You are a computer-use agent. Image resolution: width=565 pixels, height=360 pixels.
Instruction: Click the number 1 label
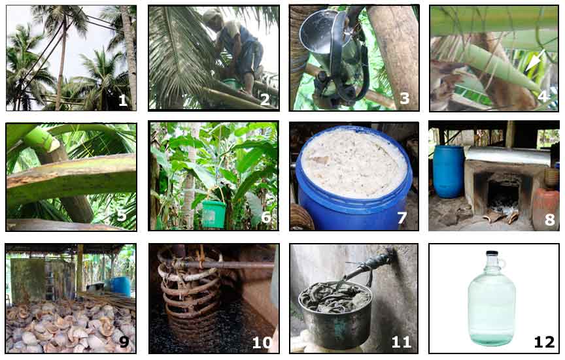123,101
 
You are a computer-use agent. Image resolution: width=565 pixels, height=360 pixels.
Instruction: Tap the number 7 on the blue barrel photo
402,218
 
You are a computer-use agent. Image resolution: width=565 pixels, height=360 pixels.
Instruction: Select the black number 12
544,342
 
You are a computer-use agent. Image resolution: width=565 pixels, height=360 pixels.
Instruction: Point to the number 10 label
262,342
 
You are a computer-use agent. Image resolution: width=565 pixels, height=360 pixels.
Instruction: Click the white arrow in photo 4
534,60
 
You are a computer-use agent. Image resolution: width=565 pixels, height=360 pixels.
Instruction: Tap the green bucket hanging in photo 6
214,214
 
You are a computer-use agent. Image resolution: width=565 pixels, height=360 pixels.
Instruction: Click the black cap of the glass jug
492,253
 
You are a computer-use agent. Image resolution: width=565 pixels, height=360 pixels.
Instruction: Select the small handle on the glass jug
502,262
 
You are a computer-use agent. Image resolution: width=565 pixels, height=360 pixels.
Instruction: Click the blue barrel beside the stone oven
448,171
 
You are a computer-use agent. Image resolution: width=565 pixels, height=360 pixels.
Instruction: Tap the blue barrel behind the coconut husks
120,286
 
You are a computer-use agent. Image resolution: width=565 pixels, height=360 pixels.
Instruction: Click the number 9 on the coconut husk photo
124,341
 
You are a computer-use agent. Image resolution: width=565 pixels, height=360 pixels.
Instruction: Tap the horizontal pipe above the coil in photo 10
224,265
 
